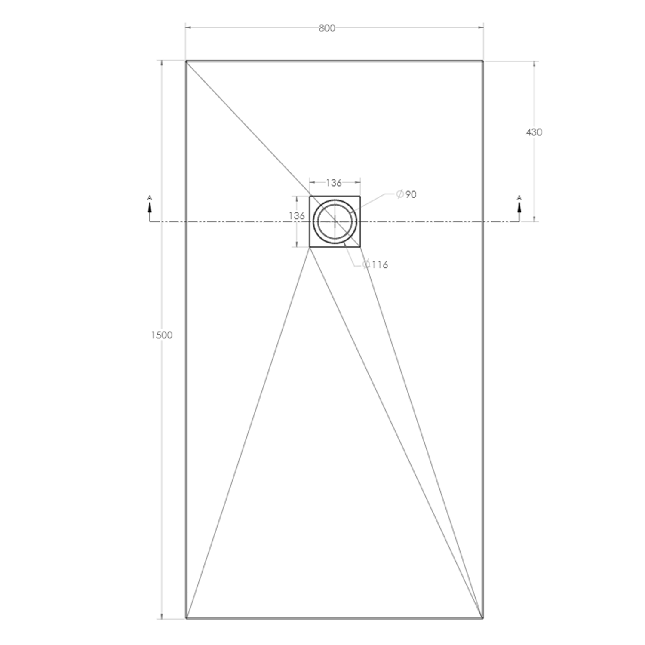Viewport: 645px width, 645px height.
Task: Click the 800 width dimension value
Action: [327, 28]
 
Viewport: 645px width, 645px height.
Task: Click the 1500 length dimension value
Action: [162, 335]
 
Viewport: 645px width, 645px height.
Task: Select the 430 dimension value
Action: [534, 132]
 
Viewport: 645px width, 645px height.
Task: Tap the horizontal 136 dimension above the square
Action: [334, 183]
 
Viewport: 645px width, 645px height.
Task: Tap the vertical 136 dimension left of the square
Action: [297, 216]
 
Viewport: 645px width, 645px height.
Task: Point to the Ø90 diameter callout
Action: [406, 194]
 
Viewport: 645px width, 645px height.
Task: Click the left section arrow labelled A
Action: [150, 207]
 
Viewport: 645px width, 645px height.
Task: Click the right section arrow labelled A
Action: [519, 207]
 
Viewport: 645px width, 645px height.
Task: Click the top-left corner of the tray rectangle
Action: [186, 61]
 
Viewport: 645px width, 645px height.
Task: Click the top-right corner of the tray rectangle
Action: [483, 61]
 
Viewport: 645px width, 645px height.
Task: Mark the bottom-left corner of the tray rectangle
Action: [186, 618]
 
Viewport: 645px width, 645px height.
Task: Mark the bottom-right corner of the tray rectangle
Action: [483, 618]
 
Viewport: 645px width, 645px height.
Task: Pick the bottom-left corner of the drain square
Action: [310, 247]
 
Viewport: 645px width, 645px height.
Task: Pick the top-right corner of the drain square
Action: [360, 197]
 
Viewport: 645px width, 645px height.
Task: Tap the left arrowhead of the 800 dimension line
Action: [188, 28]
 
